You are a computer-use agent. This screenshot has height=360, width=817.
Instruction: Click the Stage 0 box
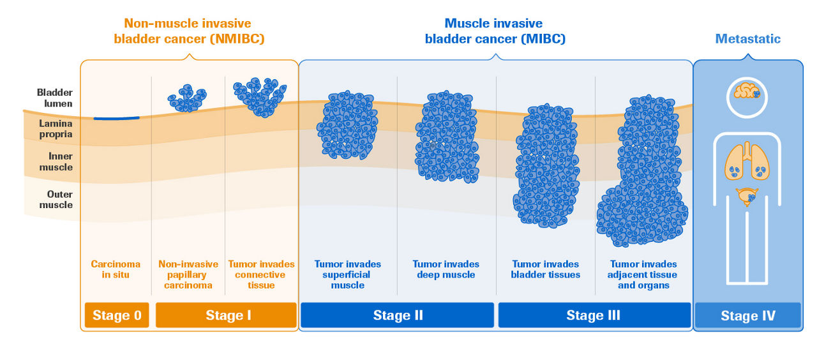coord(117,315)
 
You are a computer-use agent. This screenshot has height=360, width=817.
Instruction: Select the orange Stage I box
coord(226,315)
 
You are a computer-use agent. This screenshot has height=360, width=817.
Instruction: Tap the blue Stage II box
coord(397,315)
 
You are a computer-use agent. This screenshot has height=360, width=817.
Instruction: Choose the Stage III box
coord(594,315)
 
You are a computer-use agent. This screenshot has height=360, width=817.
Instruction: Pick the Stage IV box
coord(747,315)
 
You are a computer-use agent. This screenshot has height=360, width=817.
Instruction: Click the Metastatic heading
coord(747,39)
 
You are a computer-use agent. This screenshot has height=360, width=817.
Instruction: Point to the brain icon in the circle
coord(747,93)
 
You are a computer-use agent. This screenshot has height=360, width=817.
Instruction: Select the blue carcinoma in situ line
coord(116,118)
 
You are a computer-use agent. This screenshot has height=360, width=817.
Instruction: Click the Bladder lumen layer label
coord(55,98)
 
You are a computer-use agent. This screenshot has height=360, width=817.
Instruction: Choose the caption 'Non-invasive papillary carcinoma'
coord(188,274)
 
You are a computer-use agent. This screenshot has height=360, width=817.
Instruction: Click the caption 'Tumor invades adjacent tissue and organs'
coord(643,274)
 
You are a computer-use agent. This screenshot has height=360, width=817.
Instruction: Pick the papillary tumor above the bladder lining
coord(187,98)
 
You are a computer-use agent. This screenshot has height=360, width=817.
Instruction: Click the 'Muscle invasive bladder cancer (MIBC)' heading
coord(495,31)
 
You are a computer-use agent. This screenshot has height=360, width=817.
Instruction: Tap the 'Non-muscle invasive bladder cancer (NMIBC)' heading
coord(189,31)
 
